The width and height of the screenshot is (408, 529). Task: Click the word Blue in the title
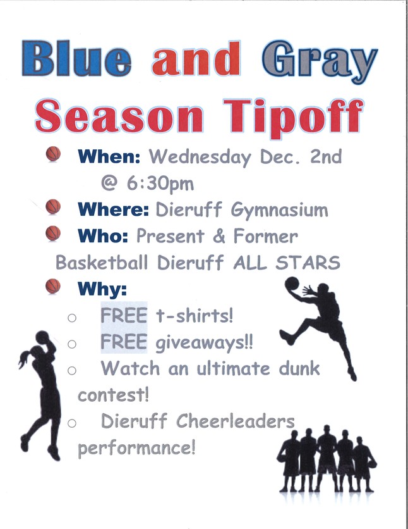pyautogui.click(x=76, y=59)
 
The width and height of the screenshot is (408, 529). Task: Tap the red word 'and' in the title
pyautogui.click(x=196, y=59)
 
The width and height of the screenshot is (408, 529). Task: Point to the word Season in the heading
pyautogui.click(x=119, y=116)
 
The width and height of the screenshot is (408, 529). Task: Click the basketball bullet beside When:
pyautogui.click(x=53, y=154)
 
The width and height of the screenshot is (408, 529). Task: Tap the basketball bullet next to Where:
pyautogui.click(x=53, y=206)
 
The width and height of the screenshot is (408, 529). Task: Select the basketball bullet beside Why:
pyautogui.click(x=53, y=286)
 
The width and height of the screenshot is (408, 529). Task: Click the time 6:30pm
pyautogui.click(x=160, y=184)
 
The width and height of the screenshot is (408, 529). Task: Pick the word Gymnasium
pyautogui.click(x=279, y=211)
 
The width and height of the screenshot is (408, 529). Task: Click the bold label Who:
pyautogui.click(x=103, y=236)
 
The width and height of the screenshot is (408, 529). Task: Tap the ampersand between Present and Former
pyautogui.click(x=219, y=236)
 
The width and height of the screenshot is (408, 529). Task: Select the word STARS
pyautogui.click(x=308, y=263)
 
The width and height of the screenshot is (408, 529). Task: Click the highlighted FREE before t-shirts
pyautogui.click(x=124, y=316)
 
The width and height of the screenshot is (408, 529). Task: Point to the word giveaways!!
pyautogui.click(x=204, y=343)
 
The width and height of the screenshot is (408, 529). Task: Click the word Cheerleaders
pyautogui.click(x=236, y=421)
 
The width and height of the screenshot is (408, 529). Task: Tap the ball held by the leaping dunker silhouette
pyautogui.click(x=292, y=283)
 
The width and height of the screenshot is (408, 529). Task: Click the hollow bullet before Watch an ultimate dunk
pyautogui.click(x=72, y=370)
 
